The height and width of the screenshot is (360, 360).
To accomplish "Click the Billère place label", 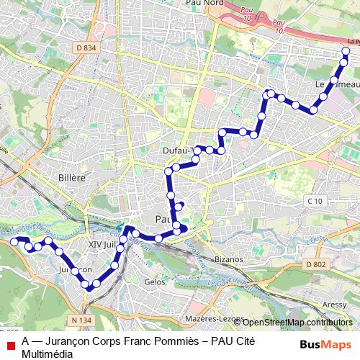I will click(x=71, y=177).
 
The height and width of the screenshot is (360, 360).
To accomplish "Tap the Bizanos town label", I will click(x=230, y=258).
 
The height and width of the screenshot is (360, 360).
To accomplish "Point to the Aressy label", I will click(x=333, y=305).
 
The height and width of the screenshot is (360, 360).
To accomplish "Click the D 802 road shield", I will click(x=315, y=265).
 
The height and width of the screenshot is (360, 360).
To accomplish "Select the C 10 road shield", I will click(x=313, y=201).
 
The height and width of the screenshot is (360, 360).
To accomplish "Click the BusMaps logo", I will click(x=321, y=344).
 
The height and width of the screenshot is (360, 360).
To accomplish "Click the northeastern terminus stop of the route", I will click(x=346, y=52).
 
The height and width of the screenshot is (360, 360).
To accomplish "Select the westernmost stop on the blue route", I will click(x=14, y=242).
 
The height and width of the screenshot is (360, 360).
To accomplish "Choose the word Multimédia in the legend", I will click(x=48, y=354).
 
